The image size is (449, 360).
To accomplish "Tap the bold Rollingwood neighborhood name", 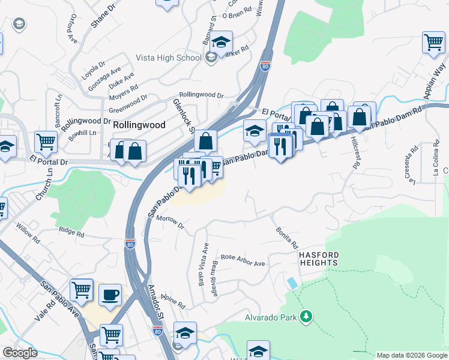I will click(139, 125).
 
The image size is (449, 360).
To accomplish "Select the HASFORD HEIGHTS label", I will click(319, 259).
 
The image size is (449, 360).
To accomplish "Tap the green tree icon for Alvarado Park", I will click(306, 316).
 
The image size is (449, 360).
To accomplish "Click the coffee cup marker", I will click(110, 295).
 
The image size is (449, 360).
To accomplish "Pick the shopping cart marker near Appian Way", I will click(433, 42).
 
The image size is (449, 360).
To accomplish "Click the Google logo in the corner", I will click(20, 353).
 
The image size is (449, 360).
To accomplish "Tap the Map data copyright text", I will click(412, 355).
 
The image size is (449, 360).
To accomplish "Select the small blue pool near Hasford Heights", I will click(292, 282).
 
